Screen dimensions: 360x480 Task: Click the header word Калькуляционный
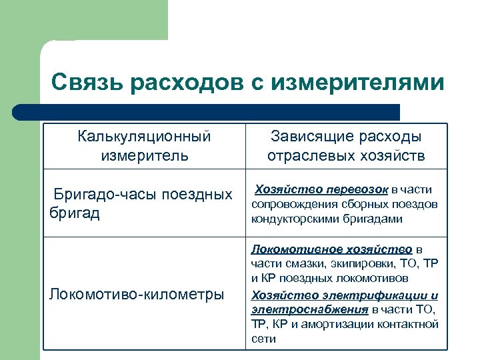(x=144, y=137)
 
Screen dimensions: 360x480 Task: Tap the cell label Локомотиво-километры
(x=137, y=294)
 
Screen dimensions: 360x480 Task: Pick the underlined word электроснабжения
(x=309, y=309)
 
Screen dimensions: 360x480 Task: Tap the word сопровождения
(x=290, y=204)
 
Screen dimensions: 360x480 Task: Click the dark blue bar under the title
(x=207, y=112)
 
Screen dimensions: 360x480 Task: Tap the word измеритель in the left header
(x=144, y=156)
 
